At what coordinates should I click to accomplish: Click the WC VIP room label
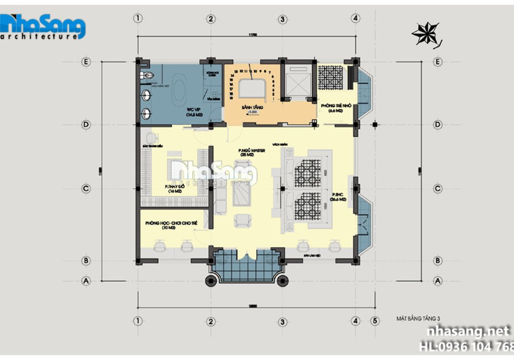click(x=194, y=112)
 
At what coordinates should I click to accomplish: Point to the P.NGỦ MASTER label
click(x=251, y=152)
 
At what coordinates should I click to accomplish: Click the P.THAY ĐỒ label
click(x=173, y=188)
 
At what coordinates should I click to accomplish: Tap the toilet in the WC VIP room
click(x=146, y=76)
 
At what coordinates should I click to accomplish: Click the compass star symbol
click(x=426, y=34)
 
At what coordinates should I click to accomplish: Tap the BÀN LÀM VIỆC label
click(x=309, y=254)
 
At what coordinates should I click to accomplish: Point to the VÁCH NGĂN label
click(x=279, y=145)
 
